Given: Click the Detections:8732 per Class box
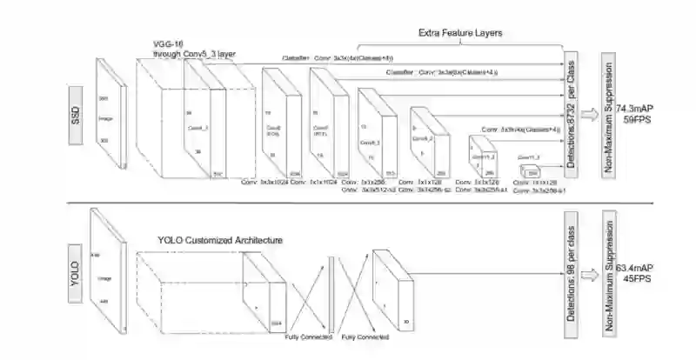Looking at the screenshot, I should click(572, 113).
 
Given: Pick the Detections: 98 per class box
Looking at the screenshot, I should click(572, 270).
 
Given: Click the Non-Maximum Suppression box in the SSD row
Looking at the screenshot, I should click(608, 113).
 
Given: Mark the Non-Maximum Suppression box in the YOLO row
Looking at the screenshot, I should click(608, 270).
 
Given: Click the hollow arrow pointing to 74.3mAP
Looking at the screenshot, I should click(590, 113).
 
